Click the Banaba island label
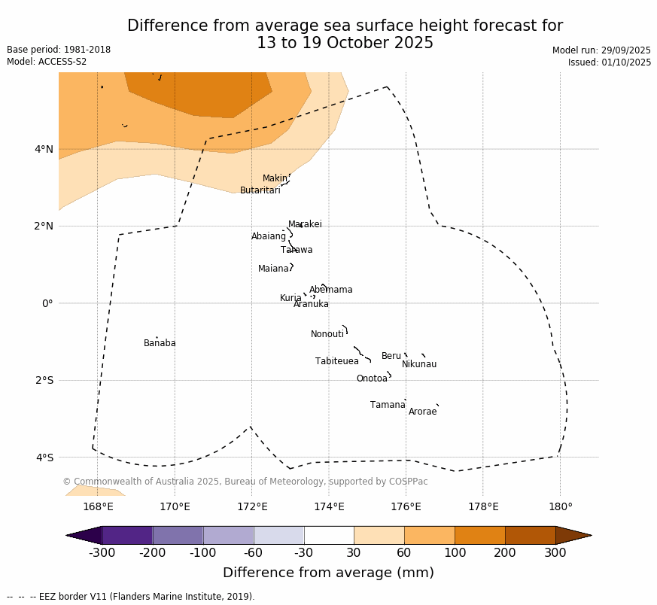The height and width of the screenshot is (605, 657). [160, 344]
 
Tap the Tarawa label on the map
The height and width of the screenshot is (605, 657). [297, 251]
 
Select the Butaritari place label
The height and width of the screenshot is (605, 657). [260, 191]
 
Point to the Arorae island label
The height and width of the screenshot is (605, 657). [422, 412]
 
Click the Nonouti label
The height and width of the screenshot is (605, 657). [327, 335]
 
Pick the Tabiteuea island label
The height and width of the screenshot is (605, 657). [336, 362]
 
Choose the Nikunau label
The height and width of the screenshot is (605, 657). [419, 365]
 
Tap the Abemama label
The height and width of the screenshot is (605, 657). [330, 290]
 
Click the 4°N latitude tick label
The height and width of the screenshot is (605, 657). [44, 149]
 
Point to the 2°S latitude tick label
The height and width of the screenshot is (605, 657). [44, 381]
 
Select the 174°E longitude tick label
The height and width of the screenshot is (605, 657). [329, 507]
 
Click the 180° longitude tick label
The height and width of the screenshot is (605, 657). [560, 507]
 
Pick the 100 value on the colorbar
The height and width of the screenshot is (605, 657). [455, 553]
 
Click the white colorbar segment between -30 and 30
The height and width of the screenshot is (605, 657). [329, 535]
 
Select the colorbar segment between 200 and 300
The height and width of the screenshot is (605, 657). [530, 535]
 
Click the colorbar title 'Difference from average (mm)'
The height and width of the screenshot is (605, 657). [328, 573]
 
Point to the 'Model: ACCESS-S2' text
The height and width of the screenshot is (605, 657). [47, 62]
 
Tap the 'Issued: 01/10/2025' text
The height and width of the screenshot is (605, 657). [610, 63]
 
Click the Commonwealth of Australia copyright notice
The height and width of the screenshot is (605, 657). [245, 482]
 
